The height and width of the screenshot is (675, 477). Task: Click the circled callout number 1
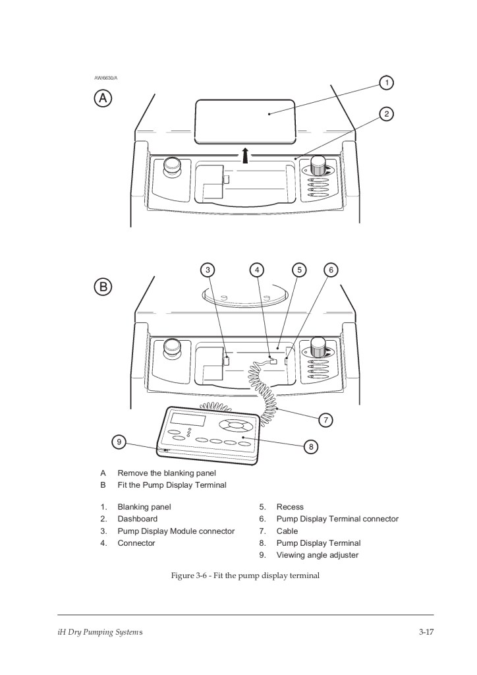click(x=387, y=82)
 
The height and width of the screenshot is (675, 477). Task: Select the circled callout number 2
click(x=387, y=113)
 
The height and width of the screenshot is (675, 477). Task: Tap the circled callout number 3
click(x=208, y=269)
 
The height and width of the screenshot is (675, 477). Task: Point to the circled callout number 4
click(x=257, y=269)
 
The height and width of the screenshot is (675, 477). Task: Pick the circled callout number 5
click(x=299, y=269)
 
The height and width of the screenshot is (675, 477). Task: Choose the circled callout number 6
click(x=331, y=269)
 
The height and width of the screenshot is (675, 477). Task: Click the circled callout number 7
click(x=324, y=419)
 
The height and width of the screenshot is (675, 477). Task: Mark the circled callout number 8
click(x=310, y=446)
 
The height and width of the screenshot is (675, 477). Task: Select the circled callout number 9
click(x=119, y=442)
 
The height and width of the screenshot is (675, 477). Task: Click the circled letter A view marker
click(x=103, y=98)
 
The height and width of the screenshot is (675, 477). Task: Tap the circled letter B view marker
click(x=103, y=287)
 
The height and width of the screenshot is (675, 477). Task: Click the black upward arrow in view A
click(x=245, y=156)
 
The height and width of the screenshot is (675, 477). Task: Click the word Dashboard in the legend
click(x=137, y=519)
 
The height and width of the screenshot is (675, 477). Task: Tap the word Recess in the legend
click(x=290, y=507)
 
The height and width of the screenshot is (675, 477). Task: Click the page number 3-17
click(x=426, y=633)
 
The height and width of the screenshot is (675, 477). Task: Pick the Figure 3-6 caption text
click(x=245, y=575)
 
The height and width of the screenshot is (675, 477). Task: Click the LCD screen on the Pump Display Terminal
click(x=188, y=420)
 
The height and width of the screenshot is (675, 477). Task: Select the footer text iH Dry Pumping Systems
click(x=96, y=633)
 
